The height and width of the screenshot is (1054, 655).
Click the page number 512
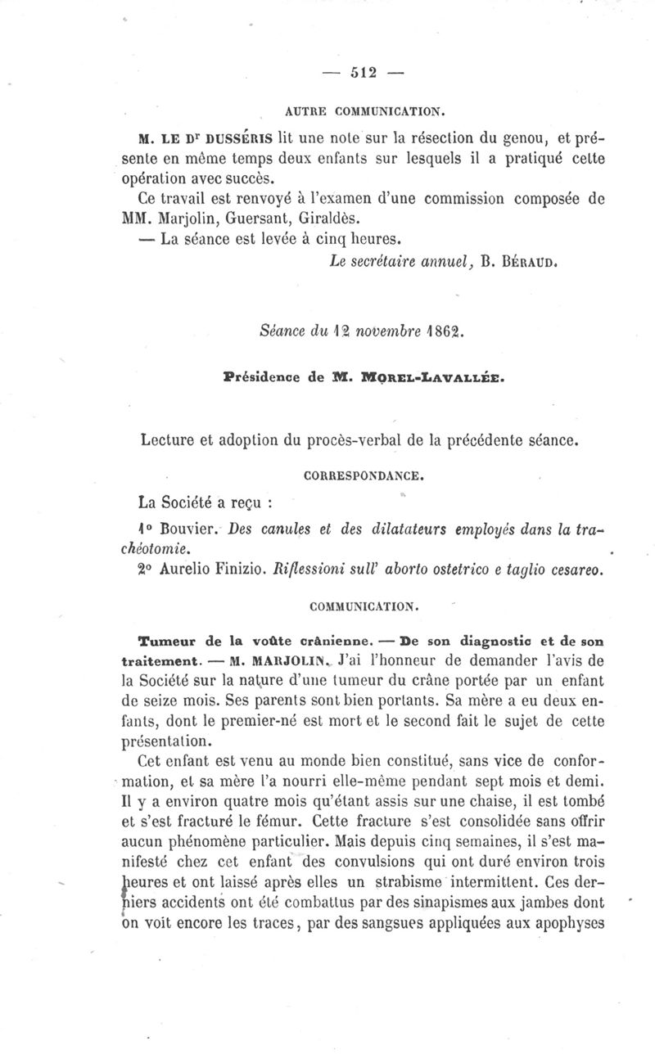pos(362,72)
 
